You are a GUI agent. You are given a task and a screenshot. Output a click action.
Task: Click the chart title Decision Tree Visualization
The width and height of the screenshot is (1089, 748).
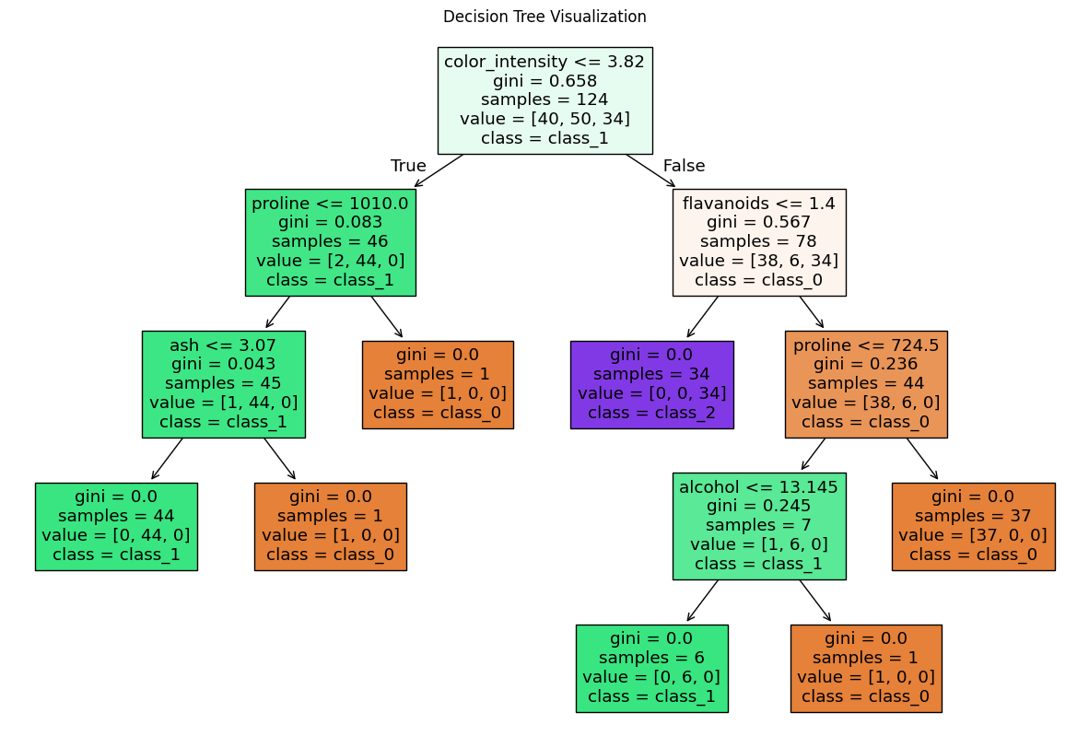544,17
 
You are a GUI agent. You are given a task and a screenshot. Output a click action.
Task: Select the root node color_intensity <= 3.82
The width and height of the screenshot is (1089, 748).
545,100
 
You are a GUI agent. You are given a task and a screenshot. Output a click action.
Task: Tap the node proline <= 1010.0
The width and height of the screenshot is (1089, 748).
331,242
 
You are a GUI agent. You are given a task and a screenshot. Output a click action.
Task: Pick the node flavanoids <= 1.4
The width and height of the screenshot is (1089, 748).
759,242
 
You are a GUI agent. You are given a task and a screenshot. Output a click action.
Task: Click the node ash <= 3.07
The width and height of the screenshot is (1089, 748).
224,384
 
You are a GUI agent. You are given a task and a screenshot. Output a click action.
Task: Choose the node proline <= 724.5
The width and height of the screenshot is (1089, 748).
866,384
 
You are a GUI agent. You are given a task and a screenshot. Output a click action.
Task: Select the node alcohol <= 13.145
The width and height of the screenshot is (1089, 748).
759,526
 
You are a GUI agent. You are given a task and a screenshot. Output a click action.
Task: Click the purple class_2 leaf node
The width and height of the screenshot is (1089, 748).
652,385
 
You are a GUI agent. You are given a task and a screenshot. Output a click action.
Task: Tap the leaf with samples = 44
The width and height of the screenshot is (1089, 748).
117,526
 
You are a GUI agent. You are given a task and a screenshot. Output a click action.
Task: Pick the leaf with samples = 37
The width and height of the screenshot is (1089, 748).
974,526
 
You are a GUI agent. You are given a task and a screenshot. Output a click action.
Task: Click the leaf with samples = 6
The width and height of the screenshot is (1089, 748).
652,669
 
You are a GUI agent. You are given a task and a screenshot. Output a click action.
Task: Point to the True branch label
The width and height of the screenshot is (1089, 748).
408,166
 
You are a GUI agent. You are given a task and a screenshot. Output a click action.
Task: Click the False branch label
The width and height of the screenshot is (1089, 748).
685,166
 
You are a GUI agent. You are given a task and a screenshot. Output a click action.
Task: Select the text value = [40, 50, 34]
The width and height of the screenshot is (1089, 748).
545,119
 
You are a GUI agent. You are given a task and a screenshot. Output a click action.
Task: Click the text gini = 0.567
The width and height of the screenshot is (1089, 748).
759,222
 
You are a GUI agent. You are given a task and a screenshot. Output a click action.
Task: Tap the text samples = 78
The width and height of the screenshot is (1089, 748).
759,241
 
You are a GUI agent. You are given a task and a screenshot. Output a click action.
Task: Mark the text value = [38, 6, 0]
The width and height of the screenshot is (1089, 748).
866,403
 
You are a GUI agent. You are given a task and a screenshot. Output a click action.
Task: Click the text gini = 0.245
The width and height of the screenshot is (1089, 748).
759,507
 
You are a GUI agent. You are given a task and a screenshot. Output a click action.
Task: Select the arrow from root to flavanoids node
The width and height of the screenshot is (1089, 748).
650,170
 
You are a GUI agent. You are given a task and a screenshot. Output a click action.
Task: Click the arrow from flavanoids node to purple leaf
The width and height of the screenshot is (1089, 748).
702,318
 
